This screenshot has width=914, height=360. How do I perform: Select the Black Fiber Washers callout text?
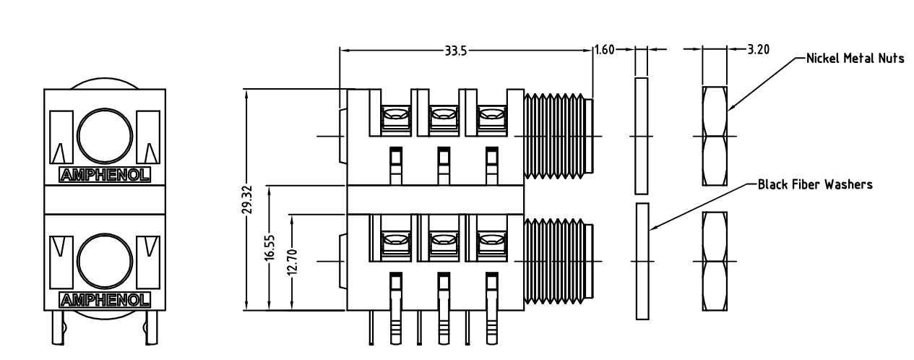(x=814, y=184)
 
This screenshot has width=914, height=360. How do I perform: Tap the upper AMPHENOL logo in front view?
(x=104, y=174)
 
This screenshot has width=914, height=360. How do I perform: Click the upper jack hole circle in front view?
(x=105, y=135)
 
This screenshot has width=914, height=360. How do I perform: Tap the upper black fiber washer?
(x=641, y=136)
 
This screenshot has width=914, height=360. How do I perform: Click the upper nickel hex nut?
(x=715, y=136)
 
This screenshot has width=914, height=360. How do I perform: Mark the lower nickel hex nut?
(x=715, y=260)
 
